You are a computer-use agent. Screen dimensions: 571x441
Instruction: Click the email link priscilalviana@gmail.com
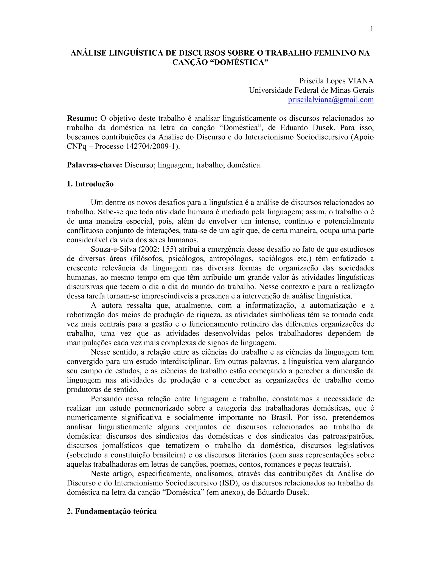(x=331, y=100)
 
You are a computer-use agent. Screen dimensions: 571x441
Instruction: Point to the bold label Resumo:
(x=82, y=119)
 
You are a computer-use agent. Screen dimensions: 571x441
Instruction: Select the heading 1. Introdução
(x=90, y=184)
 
